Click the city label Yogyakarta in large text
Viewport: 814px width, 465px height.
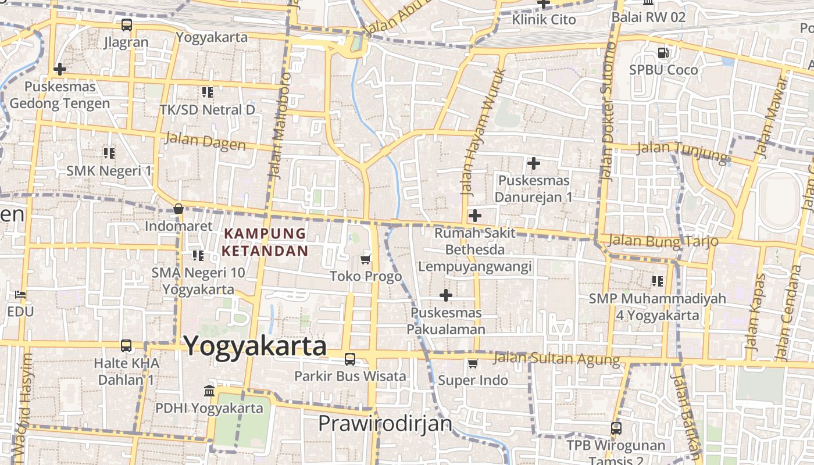[255, 346]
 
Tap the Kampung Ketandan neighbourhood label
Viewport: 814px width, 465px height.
[266, 242]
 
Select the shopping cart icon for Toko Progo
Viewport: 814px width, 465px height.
[366, 259]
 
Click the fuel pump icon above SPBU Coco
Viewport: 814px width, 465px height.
[663, 53]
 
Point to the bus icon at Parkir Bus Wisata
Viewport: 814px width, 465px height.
[349, 359]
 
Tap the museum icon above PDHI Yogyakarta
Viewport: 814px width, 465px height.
[209, 391]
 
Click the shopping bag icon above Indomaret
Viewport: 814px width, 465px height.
[178, 209]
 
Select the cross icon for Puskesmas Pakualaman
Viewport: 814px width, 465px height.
[446, 295]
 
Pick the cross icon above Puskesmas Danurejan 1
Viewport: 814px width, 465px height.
[533, 163]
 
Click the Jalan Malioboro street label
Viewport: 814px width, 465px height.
[279, 124]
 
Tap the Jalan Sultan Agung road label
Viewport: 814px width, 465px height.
[556, 358]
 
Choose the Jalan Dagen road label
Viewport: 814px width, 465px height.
[205, 141]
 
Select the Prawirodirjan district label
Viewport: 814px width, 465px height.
[385, 423]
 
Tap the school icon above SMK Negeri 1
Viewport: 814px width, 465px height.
[109, 153]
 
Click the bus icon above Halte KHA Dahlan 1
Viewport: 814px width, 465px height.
[126, 346]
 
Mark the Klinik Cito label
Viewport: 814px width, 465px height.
[544, 20]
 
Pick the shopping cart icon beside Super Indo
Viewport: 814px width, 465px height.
[473, 364]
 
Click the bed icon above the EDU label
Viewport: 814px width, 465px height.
[21, 295]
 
